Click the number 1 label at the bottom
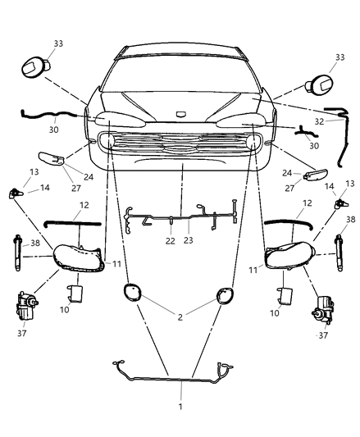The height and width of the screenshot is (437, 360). click(x=180, y=406)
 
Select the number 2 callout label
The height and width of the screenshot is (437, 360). click(x=180, y=315)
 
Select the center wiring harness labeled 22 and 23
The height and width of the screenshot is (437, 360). click(x=180, y=217)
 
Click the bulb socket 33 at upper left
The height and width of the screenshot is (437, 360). click(x=37, y=67)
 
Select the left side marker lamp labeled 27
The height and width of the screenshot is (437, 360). click(x=51, y=157)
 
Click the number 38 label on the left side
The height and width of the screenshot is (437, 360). click(x=34, y=244)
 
